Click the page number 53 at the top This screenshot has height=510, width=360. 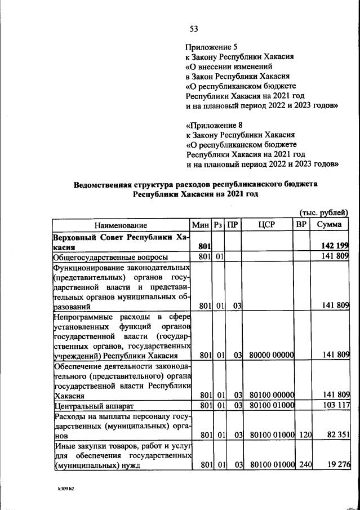coord(194,29)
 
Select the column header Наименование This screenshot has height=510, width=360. coord(121,225)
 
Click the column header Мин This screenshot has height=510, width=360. coord(201,225)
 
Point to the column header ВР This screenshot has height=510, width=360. coord(301,225)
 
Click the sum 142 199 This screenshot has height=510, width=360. coord(335,246)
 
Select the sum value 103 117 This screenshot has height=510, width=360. coord(335,405)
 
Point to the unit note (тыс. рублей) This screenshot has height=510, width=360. coord(324,212)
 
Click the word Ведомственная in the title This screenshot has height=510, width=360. coord(104,184)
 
